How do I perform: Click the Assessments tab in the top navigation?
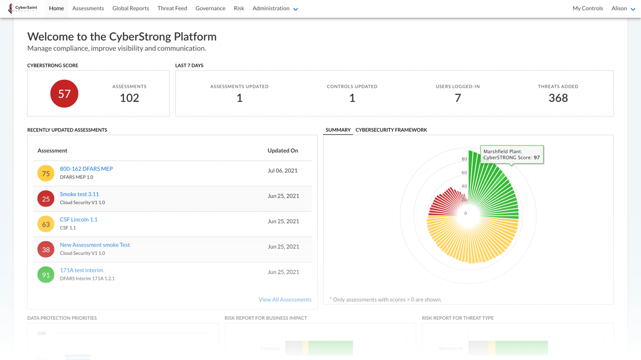(x=88, y=8)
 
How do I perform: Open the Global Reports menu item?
(x=131, y=8)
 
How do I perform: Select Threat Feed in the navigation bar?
(x=172, y=8)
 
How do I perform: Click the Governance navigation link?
(x=210, y=8)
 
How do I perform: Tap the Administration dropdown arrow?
(x=296, y=9)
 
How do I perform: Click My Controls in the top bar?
(x=587, y=8)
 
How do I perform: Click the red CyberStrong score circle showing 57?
(x=64, y=94)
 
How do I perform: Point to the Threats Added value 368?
(x=558, y=98)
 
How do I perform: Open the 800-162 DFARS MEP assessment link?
(x=86, y=169)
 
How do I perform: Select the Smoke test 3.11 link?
(x=79, y=194)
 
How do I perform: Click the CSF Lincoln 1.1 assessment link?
(x=78, y=220)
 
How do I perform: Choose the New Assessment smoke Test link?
(x=95, y=245)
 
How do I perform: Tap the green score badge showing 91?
(x=46, y=275)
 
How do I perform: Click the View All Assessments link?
(x=285, y=299)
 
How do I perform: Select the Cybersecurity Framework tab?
(x=391, y=130)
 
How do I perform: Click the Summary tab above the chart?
(x=338, y=130)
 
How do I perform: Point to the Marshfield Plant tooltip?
(x=511, y=154)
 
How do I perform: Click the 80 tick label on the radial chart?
(x=464, y=159)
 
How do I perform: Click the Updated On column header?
(x=283, y=151)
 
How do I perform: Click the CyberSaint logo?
(x=23, y=8)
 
